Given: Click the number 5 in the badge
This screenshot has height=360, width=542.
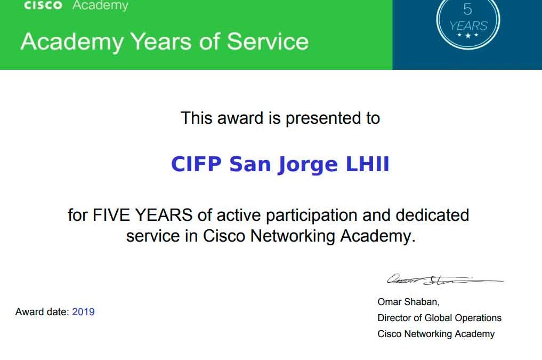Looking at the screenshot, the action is point(467,10).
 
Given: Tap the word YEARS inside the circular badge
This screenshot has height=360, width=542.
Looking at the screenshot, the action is point(468,26).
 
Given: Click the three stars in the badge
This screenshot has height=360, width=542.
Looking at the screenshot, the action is point(468,35).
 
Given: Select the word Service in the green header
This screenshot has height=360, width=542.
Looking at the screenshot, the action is point(268,41).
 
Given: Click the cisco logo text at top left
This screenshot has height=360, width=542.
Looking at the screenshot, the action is point(43,5).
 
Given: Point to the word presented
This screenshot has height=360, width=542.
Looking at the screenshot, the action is point(323,118).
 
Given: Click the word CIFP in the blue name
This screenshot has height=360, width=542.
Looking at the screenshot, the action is point(196,164).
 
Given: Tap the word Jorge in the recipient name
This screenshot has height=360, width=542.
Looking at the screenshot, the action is point(308,165).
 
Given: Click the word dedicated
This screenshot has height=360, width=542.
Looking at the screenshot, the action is point(432,215).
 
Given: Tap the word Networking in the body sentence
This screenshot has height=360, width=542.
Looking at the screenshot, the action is point(293,237).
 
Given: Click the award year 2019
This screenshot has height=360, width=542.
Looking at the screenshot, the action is point(83,312).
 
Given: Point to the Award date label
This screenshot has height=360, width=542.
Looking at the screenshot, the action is point(42,312).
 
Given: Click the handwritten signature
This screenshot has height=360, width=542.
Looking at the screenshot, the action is point(444,279).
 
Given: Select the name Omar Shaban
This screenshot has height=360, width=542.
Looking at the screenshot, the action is point(408,302).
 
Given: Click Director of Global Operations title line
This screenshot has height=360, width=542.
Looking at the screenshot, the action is point(439,318).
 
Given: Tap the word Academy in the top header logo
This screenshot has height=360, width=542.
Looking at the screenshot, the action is point(100,6).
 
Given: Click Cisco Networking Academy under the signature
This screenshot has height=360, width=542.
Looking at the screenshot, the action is point(436,334).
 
